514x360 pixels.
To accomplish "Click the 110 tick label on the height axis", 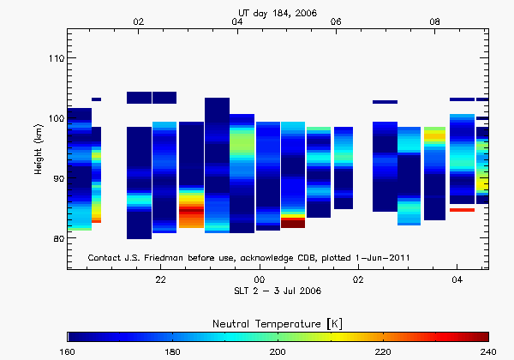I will pos(54,58).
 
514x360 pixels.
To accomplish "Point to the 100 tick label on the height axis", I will pos(54,118).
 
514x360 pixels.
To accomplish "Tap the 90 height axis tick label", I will pos(57,178).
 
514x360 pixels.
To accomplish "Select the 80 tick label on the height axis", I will pos(57,239).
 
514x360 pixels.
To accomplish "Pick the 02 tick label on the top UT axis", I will pos(139,21).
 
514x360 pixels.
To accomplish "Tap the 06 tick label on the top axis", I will pos(336,21).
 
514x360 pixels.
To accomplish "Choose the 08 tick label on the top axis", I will pos(435,21).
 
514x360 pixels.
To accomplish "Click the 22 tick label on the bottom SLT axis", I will pos(160,280).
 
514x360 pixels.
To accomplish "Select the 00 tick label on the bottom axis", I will pos(260,280).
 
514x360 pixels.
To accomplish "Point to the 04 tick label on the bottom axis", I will pos(457,280).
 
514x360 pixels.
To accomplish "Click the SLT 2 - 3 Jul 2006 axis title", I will pos(278,291).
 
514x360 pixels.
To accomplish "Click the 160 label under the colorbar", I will pos(68,351).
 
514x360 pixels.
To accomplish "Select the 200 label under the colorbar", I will pos(278,351).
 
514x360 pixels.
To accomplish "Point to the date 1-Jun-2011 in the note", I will pos(397,257).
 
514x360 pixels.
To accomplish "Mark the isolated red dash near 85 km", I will pos(462,209).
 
